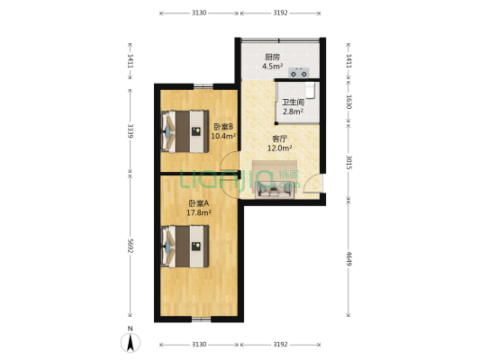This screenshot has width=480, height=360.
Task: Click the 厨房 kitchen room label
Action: (271, 56)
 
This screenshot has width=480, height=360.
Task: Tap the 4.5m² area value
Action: (271, 66)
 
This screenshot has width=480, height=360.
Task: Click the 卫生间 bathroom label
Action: (292, 102)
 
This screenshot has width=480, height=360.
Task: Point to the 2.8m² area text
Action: (292, 112)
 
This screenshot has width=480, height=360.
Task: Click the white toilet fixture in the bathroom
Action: (310, 89)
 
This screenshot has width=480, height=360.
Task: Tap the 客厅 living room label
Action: (280, 139)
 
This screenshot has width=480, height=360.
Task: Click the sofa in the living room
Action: (272, 188)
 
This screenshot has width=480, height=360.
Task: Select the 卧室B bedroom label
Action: (223, 127)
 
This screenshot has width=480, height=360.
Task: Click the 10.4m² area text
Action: (223, 137)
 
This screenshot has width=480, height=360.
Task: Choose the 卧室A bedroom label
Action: (199, 203)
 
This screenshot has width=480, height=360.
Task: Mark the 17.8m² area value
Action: (199, 213)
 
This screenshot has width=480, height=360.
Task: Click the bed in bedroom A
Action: (185, 246)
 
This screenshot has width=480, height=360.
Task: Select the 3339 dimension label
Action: (131, 130)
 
